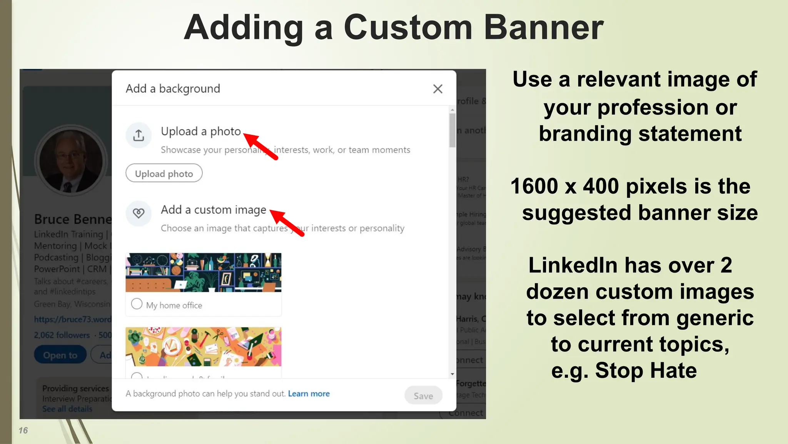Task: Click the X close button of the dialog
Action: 437,89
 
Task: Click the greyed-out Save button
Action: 423,395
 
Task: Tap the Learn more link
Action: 309,394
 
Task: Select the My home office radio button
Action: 137,304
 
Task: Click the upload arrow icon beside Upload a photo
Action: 139,135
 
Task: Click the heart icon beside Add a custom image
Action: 139,213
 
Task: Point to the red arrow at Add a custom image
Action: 286,222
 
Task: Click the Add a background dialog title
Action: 173,89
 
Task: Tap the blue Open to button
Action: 60,355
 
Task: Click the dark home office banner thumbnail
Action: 203,272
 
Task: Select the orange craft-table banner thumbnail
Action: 203,346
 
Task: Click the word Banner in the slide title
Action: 543,28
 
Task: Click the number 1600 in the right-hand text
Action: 534,186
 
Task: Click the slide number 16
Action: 23,430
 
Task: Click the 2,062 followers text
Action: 62,335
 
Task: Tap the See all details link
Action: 67,409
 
